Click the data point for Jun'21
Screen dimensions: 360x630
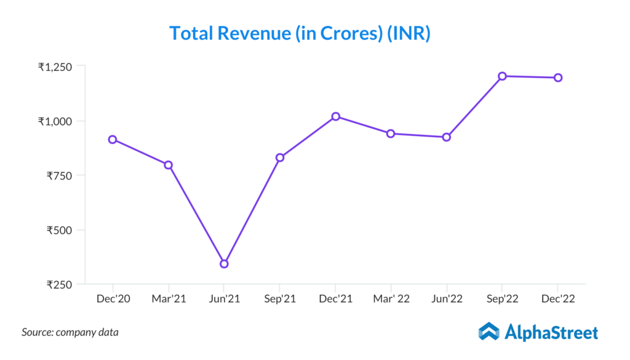point(224,263)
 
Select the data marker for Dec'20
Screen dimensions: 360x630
point(113,140)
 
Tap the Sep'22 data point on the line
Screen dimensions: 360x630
point(502,76)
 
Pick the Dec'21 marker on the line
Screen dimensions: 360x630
point(335,116)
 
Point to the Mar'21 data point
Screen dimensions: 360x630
point(168,165)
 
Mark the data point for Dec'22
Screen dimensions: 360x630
point(557,78)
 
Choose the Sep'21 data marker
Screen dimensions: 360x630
point(280,158)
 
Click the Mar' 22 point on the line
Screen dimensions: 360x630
point(391,134)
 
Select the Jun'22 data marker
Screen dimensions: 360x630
point(447,137)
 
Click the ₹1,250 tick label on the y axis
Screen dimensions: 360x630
point(55,66)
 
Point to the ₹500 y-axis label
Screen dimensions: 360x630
point(60,230)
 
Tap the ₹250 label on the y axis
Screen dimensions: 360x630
point(60,285)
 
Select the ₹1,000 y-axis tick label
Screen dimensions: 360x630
point(55,121)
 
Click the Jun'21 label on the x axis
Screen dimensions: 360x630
point(224,299)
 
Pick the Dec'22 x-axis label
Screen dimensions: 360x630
point(557,299)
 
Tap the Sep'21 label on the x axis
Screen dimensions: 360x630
point(280,299)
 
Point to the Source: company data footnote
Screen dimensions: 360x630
point(70,332)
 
